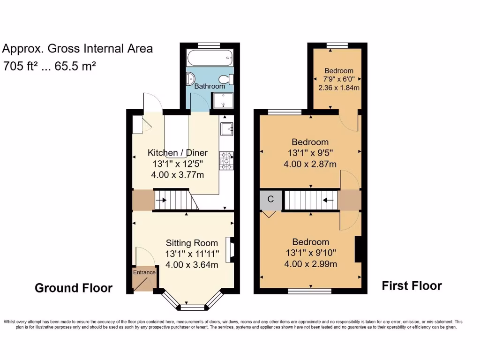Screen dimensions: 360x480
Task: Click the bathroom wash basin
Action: coord(190,79)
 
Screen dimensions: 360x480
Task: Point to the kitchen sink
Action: coord(226,128)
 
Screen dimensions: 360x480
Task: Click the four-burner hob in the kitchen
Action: coord(225,161)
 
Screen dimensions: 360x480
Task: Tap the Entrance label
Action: coord(144,272)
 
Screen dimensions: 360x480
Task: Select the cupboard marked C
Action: coord(270,199)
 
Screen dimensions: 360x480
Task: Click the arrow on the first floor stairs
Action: coord(328,200)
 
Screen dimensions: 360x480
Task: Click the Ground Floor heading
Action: coord(74,288)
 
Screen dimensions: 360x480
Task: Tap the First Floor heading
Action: coord(412,285)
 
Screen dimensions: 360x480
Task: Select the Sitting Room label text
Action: coord(192,243)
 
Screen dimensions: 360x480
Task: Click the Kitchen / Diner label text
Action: coord(178,153)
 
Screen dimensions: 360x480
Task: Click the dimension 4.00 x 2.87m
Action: coord(310,164)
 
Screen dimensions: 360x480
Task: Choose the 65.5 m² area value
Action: coord(75,66)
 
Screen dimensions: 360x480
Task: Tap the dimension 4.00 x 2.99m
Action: coord(310,264)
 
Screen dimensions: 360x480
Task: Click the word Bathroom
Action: coord(210,86)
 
